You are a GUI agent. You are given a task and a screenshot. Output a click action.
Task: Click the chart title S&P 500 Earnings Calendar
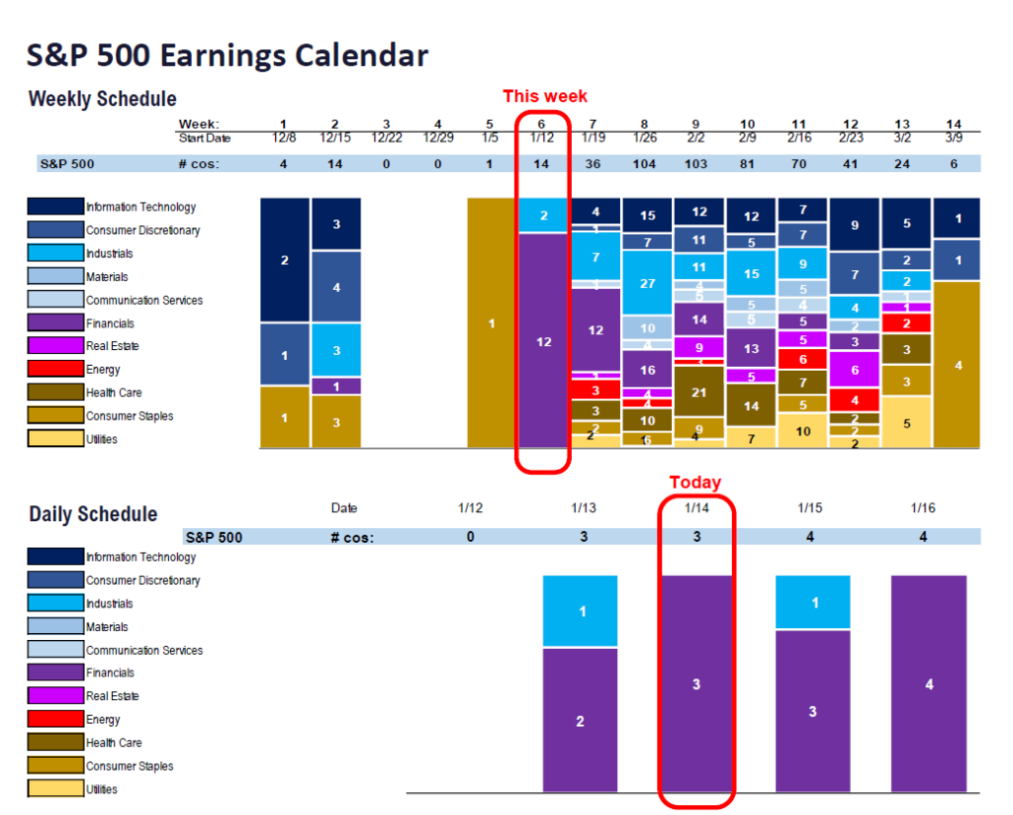[x=228, y=55]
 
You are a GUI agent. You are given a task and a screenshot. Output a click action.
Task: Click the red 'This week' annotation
[x=544, y=96]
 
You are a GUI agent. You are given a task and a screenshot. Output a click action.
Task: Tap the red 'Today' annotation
[x=696, y=482]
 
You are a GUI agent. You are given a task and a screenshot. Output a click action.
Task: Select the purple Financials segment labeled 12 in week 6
[x=543, y=341]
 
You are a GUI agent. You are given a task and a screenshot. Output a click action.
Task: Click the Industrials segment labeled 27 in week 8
[x=647, y=283]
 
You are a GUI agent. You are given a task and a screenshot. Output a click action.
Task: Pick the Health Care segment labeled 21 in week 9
[x=697, y=393]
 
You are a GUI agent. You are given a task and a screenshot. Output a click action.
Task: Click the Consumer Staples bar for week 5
[x=492, y=323]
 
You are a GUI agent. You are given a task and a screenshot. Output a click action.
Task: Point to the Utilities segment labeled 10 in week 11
[x=802, y=431]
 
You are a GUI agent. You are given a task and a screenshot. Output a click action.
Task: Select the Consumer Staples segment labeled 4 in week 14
[x=957, y=365]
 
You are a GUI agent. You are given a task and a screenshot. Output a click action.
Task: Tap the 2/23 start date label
[x=854, y=137]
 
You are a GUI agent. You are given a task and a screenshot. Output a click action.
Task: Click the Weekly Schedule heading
[x=103, y=99]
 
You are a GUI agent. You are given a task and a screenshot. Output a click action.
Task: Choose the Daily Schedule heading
[x=93, y=514]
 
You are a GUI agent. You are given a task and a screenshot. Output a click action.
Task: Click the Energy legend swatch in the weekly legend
[x=55, y=370]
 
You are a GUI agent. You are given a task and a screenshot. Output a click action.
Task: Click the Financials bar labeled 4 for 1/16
[x=928, y=683]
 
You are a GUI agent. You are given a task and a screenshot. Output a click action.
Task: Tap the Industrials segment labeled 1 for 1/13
[x=581, y=611]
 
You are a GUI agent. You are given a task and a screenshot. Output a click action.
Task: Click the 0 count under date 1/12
[x=470, y=536]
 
